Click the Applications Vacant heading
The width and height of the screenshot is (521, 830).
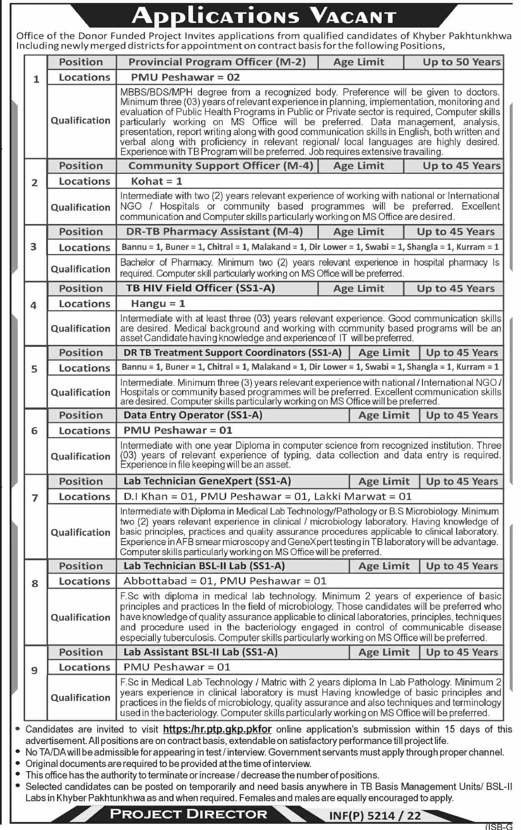264,16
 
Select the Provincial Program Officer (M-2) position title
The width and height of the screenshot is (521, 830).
217,62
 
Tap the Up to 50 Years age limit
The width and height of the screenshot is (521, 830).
461,62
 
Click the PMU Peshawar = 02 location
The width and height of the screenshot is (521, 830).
185,77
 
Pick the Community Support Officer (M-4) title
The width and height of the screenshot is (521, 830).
221,166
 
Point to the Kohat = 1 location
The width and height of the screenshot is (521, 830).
156,181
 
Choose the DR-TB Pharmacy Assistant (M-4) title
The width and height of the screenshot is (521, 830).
214,232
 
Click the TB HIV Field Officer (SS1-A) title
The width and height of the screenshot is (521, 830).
201,288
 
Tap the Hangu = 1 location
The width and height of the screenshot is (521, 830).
158,304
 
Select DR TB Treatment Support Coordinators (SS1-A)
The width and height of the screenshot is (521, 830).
232,353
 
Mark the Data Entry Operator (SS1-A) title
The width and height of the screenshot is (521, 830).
193,415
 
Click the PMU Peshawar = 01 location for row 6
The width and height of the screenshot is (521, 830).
178,430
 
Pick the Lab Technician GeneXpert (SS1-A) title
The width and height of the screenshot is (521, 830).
207,481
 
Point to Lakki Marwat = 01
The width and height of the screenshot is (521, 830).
362,497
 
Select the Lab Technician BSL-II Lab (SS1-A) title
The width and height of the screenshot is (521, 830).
204,566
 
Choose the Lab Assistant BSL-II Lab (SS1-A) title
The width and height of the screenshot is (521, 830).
200,652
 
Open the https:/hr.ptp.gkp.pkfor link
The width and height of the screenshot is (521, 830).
217,729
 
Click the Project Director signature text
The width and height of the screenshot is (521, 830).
188,814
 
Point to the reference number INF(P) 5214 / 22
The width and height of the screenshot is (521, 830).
375,816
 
